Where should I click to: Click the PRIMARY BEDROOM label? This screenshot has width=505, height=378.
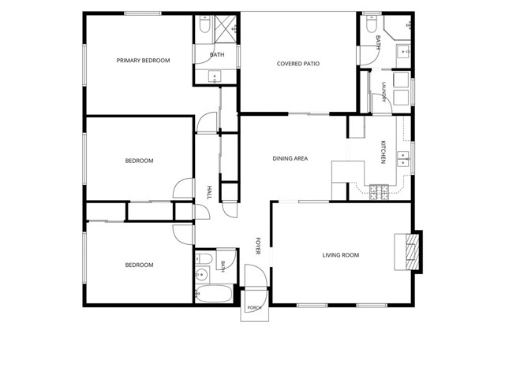(143, 61)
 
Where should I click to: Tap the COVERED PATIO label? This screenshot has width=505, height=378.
(298, 64)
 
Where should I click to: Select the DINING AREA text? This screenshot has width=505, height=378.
(290, 158)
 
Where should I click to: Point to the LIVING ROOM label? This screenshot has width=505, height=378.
(341, 255)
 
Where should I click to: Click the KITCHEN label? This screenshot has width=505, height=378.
(383, 152)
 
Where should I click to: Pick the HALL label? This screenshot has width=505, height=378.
(209, 192)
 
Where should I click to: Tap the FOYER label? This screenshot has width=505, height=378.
(258, 246)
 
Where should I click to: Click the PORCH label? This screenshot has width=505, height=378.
(254, 308)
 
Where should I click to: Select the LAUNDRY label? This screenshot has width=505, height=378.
(383, 92)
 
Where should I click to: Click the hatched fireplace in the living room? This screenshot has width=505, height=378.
(412, 252)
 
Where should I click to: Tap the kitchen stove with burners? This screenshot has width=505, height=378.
(379, 192)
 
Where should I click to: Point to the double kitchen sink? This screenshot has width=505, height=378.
(402, 159)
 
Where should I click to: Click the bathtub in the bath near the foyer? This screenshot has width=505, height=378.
(214, 294)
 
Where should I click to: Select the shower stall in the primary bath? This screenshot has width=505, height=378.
(226, 28)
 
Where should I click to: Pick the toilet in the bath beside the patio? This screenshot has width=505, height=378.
(372, 24)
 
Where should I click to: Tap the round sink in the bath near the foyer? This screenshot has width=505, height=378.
(202, 275)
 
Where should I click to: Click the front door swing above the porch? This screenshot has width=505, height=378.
(256, 276)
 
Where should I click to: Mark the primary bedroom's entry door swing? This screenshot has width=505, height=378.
(207, 122)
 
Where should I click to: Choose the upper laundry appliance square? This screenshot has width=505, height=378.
(401, 80)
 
